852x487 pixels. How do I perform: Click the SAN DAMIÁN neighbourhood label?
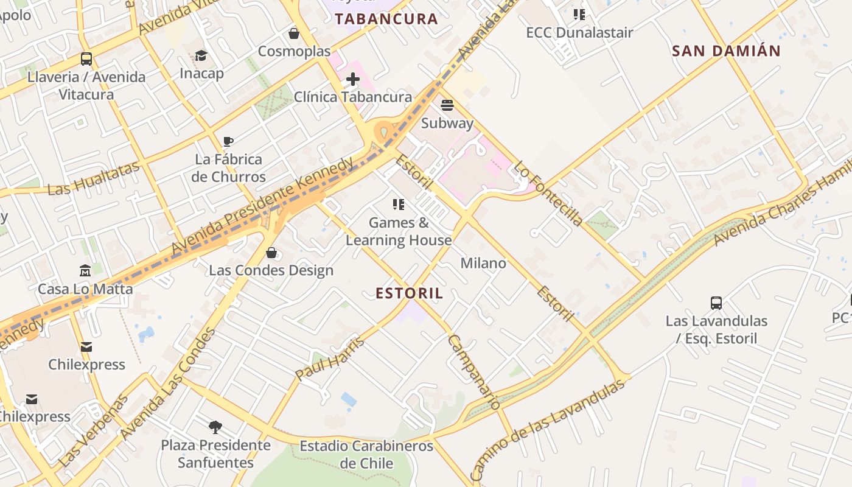tap(726, 51)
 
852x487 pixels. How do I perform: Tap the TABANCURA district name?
tap(386, 19)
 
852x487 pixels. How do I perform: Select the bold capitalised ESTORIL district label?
tap(410, 293)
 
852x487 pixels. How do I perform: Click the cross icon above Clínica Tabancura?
tap(353, 79)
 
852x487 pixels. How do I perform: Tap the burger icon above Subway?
tap(447, 105)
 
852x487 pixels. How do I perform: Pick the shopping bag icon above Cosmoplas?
tap(294, 33)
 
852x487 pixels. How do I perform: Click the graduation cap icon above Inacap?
tap(201, 56)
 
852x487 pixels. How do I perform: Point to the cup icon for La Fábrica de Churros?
tap(228, 142)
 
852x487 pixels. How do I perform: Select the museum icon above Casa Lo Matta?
tap(85, 270)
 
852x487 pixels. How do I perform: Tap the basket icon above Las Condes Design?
tap(271, 252)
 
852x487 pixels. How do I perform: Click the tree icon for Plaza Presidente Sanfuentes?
tap(215, 427)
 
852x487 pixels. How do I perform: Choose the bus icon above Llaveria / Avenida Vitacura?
tap(86, 59)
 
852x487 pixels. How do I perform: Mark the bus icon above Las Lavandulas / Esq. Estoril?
tap(716, 303)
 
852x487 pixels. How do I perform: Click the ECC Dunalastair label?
tap(579, 32)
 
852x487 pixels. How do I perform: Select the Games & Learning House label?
tap(399, 231)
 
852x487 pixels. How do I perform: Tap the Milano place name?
tap(483, 263)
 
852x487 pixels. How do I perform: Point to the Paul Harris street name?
tap(330, 359)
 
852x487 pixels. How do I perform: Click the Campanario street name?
tap(474, 371)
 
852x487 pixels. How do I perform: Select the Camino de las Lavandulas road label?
tap(548, 429)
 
